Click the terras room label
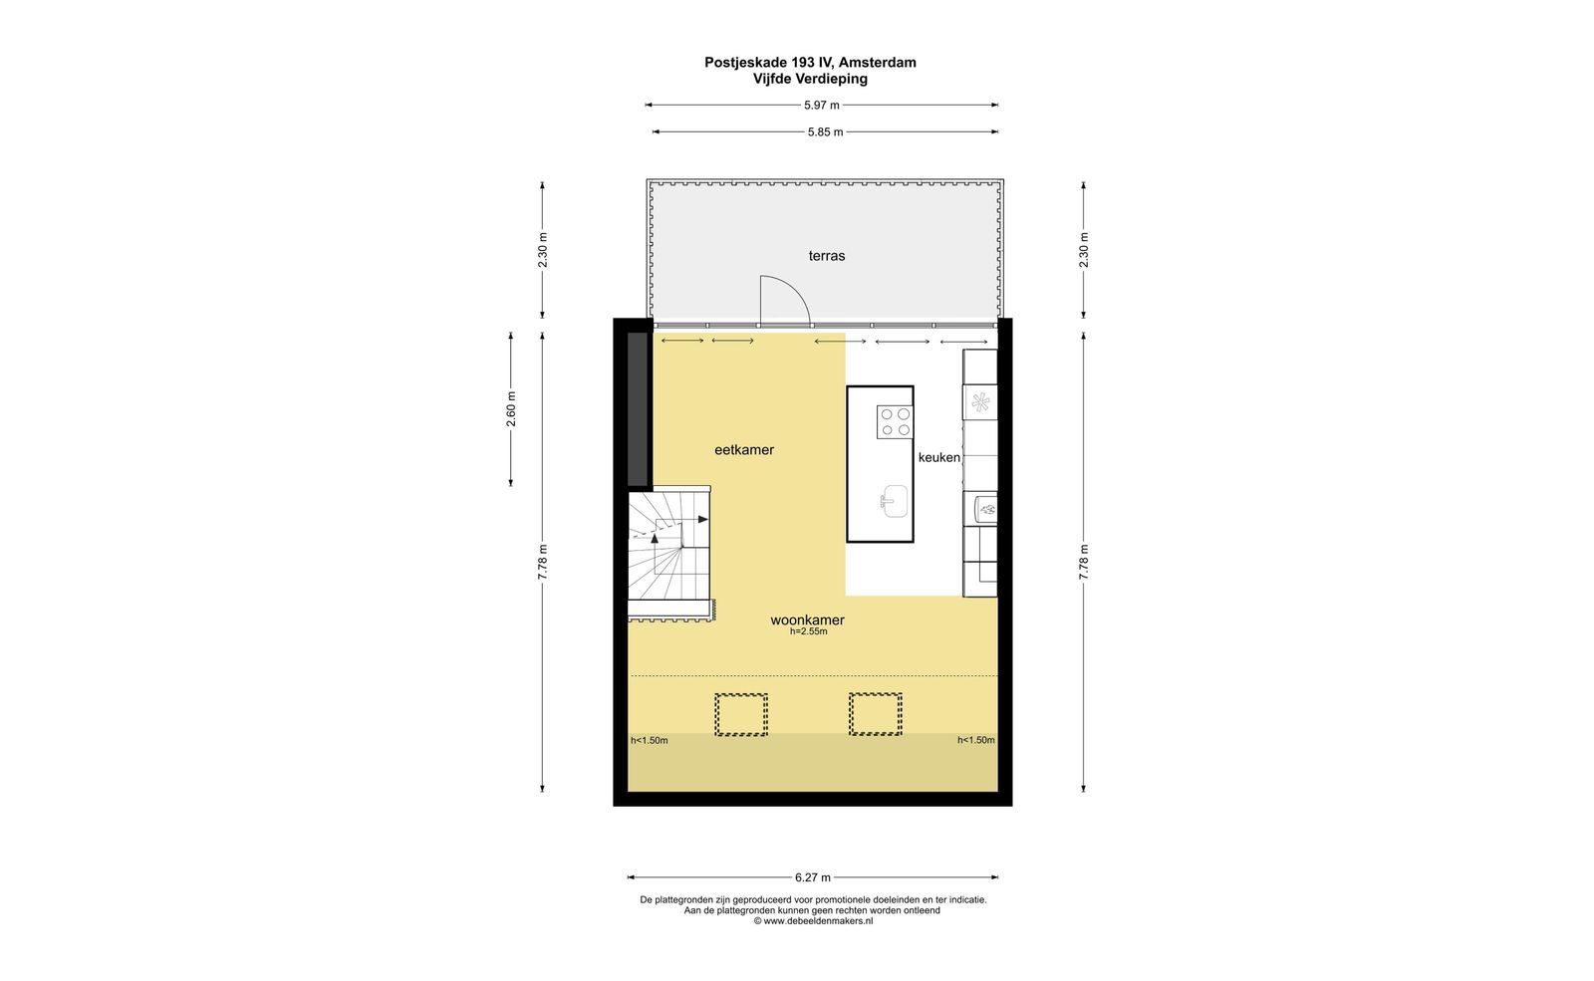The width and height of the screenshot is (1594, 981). click(x=826, y=255)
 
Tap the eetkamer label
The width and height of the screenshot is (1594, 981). click(x=743, y=449)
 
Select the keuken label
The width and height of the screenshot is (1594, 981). click(x=938, y=457)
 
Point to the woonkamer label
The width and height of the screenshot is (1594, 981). click(x=807, y=619)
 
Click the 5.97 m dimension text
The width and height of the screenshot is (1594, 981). click(x=821, y=106)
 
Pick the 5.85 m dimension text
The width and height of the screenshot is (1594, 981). click(x=826, y=131)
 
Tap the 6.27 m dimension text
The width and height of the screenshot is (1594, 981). click(x=813, y=877)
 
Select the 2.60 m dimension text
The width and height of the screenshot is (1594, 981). click(x=510, y=409)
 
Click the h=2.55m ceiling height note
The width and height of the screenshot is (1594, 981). click(x=808, y=631)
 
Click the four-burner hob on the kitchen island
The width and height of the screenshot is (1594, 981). click(x=895, y=421)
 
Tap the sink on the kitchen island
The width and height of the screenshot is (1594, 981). click(x=894, y=501)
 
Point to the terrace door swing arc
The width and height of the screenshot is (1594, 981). click(x=796, y=288)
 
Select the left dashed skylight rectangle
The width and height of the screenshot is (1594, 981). click(x=741, y=714)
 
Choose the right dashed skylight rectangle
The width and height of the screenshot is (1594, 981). click(x=875, y=714)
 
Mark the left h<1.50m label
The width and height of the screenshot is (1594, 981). click(x=649, y=740)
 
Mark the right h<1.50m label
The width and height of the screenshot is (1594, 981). click(x=975, y=740)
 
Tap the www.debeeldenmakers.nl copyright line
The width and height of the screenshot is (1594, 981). click(x=813, y=920)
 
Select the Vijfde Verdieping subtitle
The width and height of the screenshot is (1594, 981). click(x=811, y=79)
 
